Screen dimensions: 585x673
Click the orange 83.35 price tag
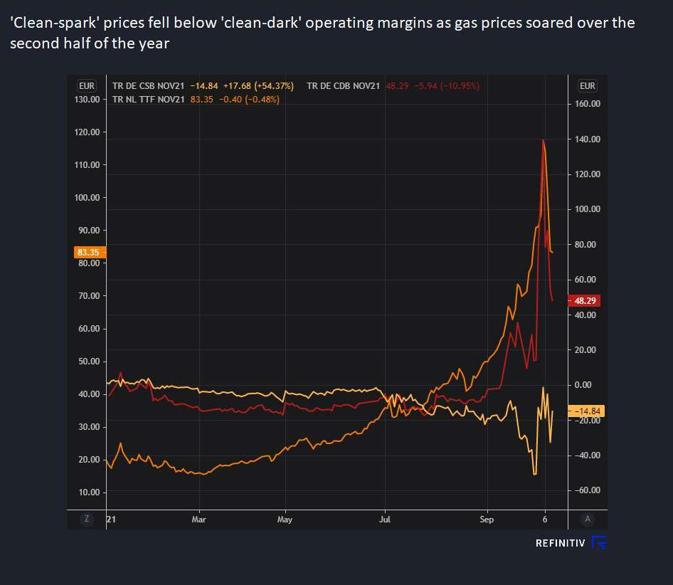(x=88, y=252)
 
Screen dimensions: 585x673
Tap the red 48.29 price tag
(x=585, y=300)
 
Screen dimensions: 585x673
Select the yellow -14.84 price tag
(x=585, y=411)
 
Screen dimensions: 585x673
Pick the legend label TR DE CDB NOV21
(x=343, y=86)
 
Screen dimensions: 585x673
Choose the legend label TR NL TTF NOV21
(x=149, y=99)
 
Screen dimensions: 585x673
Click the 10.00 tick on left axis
(x=88, y=492)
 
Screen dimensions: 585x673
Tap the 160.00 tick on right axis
(x=586, y=104)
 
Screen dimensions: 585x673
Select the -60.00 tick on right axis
(x=585, y=490)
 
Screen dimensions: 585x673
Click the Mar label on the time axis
(x=200, y=520)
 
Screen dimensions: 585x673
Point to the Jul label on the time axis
(x=385, y=520)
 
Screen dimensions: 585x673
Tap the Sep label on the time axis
(x=487, y=520)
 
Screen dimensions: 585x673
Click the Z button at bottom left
(x=87, y=519)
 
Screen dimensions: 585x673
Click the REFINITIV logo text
(x=560, y=544)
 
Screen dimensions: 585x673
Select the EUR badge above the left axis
(x=87, y=85)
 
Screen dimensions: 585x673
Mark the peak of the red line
(x=543, y=140)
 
